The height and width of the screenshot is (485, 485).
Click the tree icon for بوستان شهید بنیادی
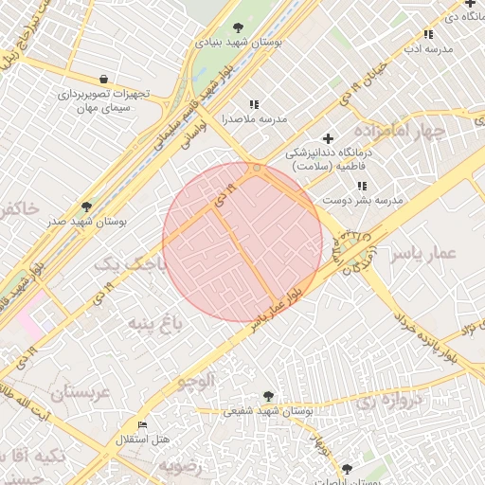pos(237,28)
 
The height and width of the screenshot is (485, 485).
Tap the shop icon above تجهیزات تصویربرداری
pos(102,79)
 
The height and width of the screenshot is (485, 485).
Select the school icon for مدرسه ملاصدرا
pos(253,105)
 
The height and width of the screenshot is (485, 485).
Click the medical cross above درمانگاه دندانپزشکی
pos(329,138)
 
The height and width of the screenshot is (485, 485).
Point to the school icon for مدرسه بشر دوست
pos(362,186)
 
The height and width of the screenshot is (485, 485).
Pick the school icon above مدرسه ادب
pos(428,35)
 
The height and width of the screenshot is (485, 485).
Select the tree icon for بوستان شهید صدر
pos(87,207)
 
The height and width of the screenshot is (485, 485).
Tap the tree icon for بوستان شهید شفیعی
pos(268,396)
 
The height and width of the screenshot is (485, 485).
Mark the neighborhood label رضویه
pos(180,466)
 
